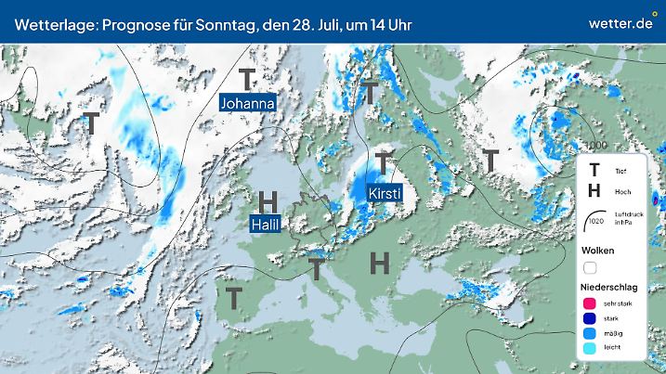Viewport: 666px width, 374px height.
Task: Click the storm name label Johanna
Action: [247, 103]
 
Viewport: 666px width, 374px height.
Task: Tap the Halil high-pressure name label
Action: [266, 224]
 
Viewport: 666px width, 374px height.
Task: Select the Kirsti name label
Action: [385, 193]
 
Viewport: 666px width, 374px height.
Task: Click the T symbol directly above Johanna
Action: [247, 78]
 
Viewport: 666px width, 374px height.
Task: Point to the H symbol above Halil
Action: [268, 200]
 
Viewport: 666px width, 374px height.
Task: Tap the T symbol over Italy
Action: [317, 269]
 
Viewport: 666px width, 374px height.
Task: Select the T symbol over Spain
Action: [234, 298]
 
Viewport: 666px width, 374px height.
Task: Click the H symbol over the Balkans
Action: [379, 264]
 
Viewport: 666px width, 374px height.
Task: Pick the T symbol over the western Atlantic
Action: [91, 122]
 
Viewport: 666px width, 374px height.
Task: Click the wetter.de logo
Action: [620, 21]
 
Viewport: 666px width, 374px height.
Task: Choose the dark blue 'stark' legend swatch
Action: [589, 318]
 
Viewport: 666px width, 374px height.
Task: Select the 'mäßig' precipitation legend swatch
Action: [589, 333]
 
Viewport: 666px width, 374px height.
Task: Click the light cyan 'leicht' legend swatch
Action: [589, 348]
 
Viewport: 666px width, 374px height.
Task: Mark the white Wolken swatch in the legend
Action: [589, 267]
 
